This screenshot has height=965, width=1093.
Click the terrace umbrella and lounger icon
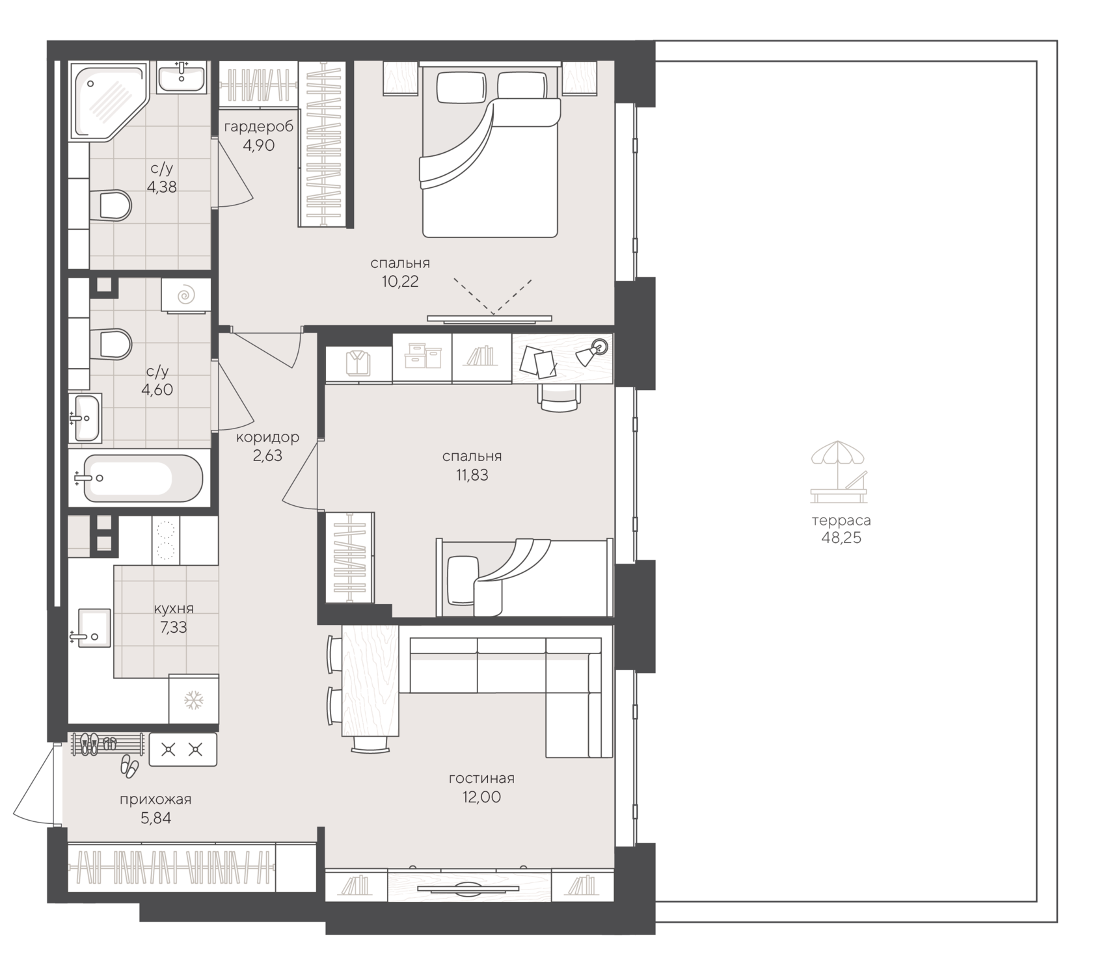[839, 471]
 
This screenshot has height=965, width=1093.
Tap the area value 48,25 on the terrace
[841, 538]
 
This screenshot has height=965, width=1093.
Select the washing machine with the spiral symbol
[186, 296]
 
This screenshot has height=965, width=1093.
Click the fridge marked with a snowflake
[193, 700]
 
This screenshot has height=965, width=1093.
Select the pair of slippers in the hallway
[129, 767]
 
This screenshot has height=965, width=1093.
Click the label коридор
[268, 437]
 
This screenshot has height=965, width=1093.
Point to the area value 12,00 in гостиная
[482, 797]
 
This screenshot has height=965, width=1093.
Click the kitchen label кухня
[174, 609]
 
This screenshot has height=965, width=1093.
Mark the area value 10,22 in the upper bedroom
[400, 282]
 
